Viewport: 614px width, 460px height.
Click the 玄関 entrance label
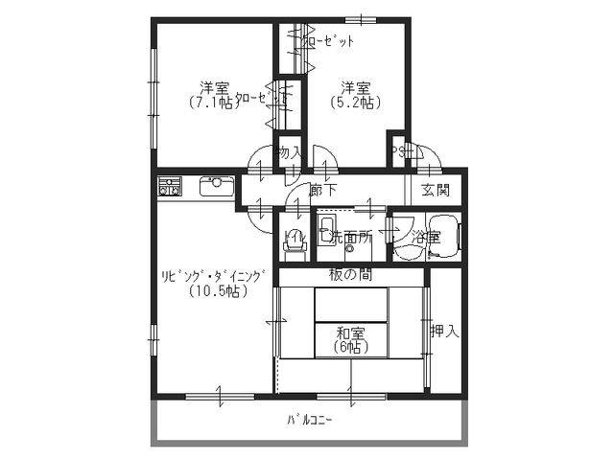(436, 190)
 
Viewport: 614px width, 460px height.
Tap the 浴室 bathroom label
(425, 235)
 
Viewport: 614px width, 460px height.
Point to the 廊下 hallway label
(322, 190)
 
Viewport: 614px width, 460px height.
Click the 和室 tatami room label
(350, 333)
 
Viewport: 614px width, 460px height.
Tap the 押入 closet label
(444, 332)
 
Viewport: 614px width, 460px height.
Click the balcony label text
(308, 420)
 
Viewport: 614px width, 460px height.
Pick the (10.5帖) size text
(214, 291)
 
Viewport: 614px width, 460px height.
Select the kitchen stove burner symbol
(170, 186)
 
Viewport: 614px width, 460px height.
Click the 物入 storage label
(289, 152)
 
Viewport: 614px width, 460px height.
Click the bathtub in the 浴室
(445, 236)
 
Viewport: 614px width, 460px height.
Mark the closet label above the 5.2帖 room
(328, 41)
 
